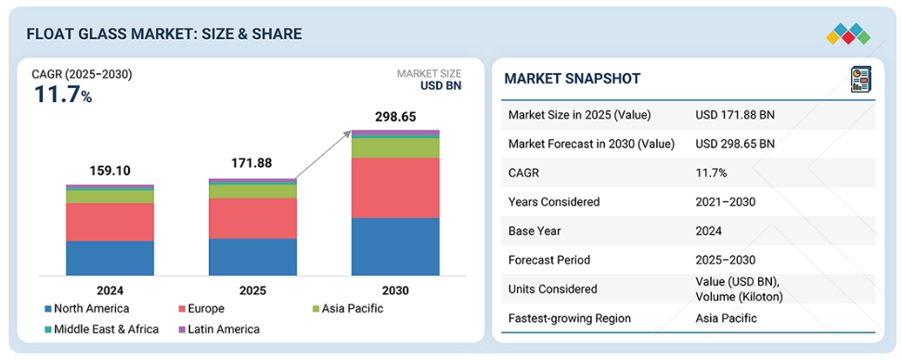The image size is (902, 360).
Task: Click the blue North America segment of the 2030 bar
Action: tap(395, 247)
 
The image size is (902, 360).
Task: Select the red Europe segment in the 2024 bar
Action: tap(110, 222)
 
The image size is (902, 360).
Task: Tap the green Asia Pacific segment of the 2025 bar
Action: tap(252, 191)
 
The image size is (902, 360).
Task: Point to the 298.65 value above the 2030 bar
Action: tap(395, 118)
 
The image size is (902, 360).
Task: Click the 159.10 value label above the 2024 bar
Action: tap(110, 171)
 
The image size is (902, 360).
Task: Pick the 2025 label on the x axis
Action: tap(252, 290)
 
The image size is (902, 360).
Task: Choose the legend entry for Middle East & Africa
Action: tap(101, 329)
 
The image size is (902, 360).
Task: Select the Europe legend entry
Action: tap(202, 309)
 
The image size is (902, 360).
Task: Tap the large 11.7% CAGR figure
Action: tap(63, 95)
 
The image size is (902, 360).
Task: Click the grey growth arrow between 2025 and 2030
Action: tap(323, 155)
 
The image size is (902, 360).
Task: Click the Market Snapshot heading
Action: tap(573, 79)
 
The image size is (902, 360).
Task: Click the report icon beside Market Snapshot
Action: tap(861, 79)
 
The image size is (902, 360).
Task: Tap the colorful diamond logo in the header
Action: tap(848, 34)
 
